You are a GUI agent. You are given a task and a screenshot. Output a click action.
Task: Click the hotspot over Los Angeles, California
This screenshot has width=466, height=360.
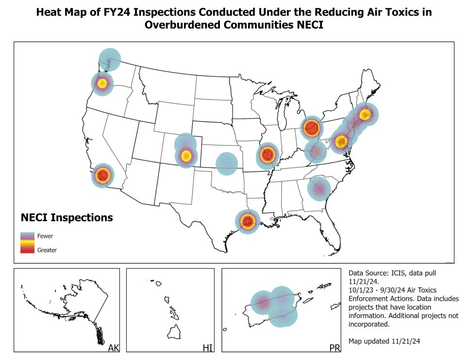pyautogui.click(x=102, y=175)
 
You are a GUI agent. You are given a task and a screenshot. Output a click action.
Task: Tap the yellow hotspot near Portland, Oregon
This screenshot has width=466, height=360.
pyautogui.click(x=102, y=83)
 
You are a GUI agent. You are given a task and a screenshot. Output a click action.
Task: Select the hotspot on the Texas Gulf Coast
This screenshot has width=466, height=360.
pyautogui.click(x=248, y=221)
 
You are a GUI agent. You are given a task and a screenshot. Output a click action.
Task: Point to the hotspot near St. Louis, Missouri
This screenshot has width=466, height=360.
pyautogui.click(x=266, y=155)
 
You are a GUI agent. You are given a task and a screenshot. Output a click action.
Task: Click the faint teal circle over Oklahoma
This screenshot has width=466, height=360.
pyautogui.click(x=226, y=164)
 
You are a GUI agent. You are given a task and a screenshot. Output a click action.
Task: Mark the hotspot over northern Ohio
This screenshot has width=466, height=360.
pyautogui.click(x=311, y=128)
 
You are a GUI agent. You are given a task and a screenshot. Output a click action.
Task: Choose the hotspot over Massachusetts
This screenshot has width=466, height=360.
pyautogui.click(x=365, y=115)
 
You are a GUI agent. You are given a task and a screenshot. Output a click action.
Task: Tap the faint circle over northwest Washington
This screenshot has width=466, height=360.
pyautogui.click(x=110, y=60)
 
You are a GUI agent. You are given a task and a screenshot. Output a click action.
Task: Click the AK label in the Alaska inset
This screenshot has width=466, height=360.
pyautogui.click(x=113, y=347)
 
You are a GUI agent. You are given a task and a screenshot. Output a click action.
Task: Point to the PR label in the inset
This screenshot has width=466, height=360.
pyautogui.click(x=334, y=347)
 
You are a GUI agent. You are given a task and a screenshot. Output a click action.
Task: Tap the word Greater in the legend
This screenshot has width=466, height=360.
pyautogui.click(x=47, y=250)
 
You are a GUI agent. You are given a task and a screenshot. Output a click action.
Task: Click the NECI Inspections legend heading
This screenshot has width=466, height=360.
pyautogui.click(x=67, y=217)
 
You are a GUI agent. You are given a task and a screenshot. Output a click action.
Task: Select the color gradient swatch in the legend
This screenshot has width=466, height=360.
pyautogui.click(x=27, y=243)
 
